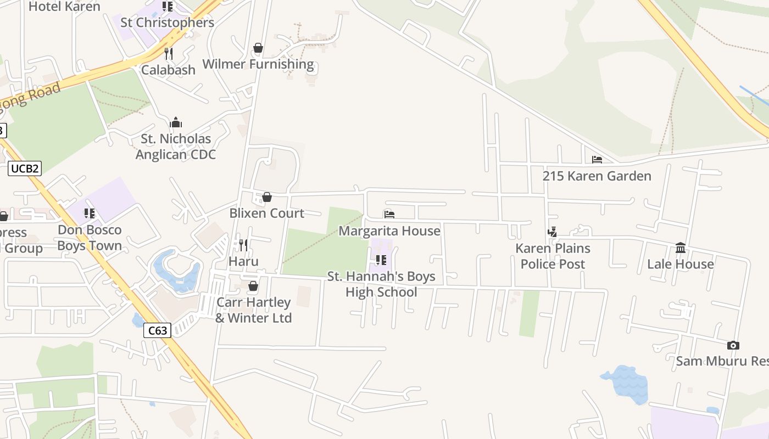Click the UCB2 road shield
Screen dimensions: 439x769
point(25,168)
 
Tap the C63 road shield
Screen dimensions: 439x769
point(158,330)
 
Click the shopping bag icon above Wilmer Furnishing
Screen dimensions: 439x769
point(258,48)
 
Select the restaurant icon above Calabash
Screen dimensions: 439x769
point(169,54)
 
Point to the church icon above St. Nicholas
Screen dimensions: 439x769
point(176,122)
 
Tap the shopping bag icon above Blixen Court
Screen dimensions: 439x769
point(267,197)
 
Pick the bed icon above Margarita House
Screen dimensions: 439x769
point(389,215)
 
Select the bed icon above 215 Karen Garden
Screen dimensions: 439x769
point(597,160)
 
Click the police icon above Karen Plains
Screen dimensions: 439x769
point(553,232)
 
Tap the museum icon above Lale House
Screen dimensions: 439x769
point(681,248)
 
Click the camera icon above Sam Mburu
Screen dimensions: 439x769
point(733,345)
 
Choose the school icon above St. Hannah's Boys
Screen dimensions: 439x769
point(381,260)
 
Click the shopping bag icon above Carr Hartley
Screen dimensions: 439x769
point(253,286)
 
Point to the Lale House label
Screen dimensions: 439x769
point(680,264)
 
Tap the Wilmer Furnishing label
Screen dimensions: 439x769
point(258,64)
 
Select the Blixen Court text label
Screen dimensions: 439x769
point(266,213)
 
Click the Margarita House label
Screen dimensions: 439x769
point(389,231)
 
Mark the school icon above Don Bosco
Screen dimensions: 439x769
point(89,213)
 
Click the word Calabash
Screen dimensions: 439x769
point(168,70)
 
